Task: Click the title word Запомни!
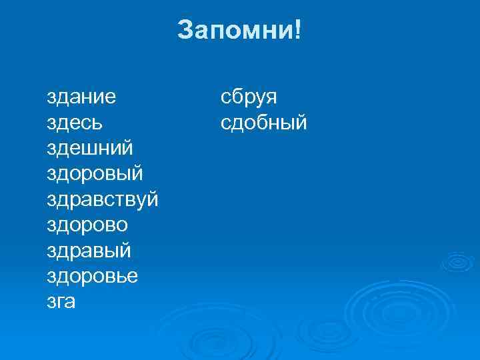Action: tap(239, 30)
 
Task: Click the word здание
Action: tap(81, 98)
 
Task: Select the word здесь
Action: tap(75, 123)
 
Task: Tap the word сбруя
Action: tap(249, 98)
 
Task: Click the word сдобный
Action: tap(264, 123)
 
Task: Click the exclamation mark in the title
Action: tap(297, 30)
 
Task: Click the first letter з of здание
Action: tap(51, 98)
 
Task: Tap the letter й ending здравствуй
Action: tap(152, 199)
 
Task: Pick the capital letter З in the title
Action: tap(185, 30)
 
